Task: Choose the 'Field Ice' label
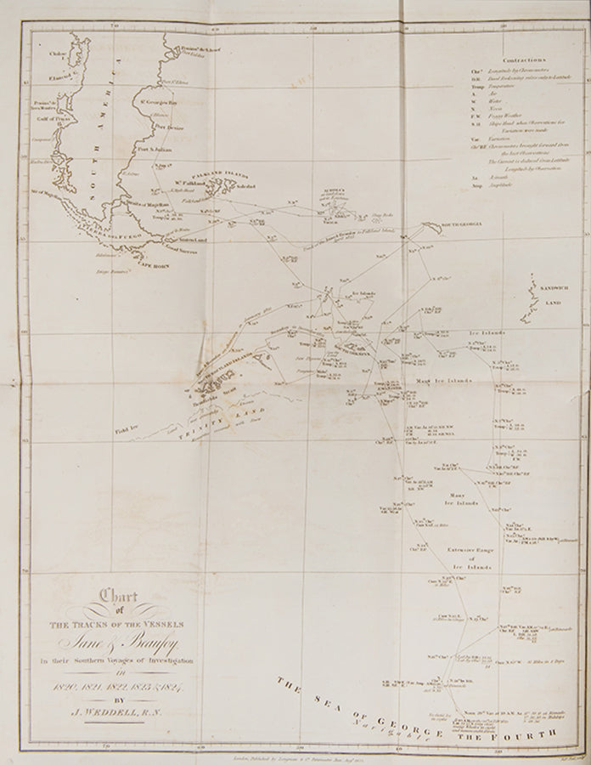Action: tap(125, 434)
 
